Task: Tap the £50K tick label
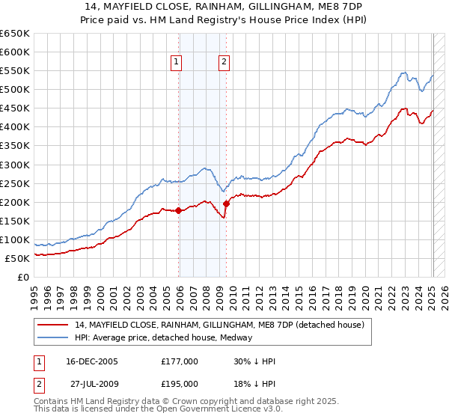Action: tap(18, 258)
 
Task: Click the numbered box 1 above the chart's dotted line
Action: tap(177, 63)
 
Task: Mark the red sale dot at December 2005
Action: tap(179, 210)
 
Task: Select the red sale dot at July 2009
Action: tap(226, 204)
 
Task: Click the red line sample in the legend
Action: tap(54, 325)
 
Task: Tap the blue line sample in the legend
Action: tap(54, 337)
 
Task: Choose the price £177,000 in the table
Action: tap(180, 361)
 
